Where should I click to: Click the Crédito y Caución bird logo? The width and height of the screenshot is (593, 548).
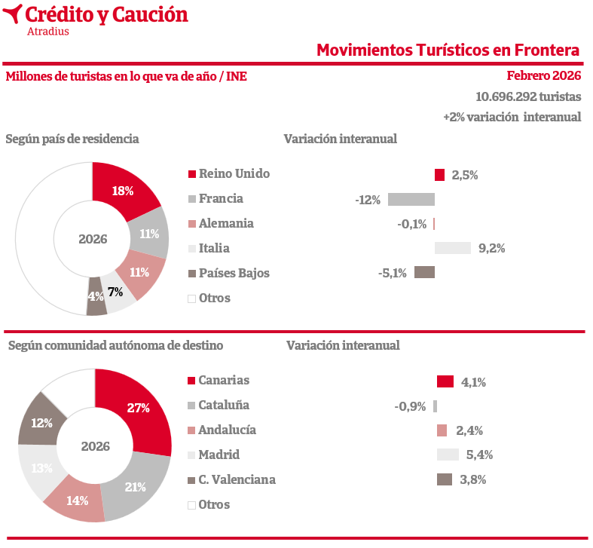coord(12,14)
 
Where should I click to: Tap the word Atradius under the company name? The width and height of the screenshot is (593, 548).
coord(48,32)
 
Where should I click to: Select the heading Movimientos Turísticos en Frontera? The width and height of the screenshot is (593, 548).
coord(448,51)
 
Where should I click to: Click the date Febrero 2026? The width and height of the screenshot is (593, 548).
coord(543,76)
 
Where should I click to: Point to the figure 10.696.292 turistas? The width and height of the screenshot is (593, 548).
coord(528,96)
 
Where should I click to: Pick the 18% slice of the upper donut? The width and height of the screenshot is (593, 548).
coord(123,191)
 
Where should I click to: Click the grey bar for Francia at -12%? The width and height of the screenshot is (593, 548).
coord(411,200)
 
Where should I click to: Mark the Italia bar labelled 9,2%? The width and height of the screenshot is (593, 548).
coord(452,248)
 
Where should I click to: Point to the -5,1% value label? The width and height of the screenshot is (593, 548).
coord(392,273)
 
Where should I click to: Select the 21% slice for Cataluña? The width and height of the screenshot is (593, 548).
coord(136,487)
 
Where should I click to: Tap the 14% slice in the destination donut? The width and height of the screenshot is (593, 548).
coord(77,500)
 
